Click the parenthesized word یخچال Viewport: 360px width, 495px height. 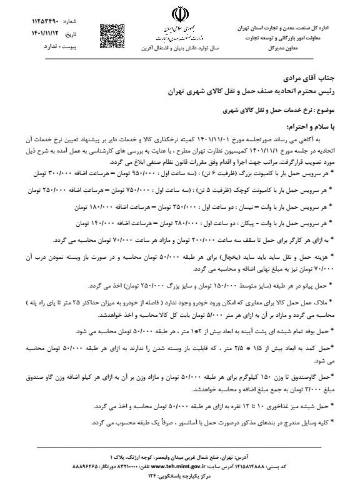[239, 256]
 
